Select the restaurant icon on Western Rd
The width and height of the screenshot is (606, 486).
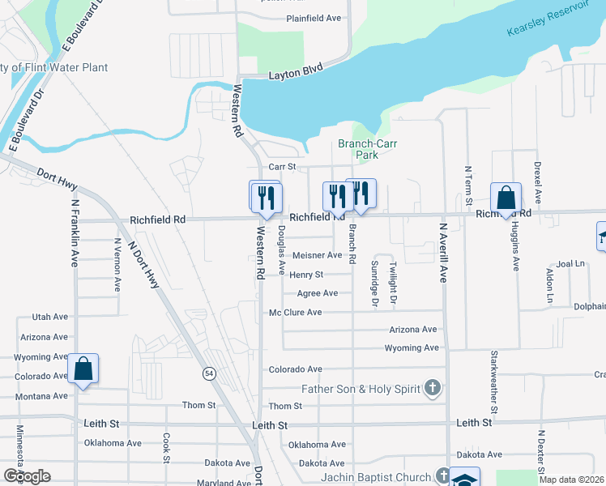point(265,197)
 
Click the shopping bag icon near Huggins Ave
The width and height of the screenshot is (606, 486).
point(506,198)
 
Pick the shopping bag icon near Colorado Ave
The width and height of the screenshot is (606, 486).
point(83,369)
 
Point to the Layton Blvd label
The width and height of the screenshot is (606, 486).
point(295,76)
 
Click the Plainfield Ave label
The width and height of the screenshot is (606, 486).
point(314,18)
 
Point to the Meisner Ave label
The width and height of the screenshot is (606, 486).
point(317,255)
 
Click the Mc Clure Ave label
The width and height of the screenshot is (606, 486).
point(295,312)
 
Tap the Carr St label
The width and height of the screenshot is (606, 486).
point(280,167)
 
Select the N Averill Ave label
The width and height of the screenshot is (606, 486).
point(443,253)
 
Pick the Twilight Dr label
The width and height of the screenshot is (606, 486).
point(393,283)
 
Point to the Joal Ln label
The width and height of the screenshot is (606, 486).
point(570,264)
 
